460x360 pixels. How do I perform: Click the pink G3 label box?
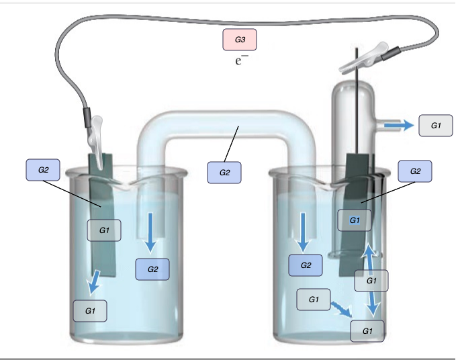240,40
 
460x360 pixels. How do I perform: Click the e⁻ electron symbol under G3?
241,60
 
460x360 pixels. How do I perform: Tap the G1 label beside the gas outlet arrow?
435,126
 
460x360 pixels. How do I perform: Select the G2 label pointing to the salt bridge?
224,173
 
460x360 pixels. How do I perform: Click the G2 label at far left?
43,169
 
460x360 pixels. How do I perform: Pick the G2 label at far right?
414,171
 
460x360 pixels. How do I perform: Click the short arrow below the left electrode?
95,281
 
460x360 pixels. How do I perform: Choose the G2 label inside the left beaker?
152,269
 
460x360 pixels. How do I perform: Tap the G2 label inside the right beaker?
306,265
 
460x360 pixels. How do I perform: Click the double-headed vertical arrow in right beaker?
370,283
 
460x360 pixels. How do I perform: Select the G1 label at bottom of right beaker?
367,330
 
